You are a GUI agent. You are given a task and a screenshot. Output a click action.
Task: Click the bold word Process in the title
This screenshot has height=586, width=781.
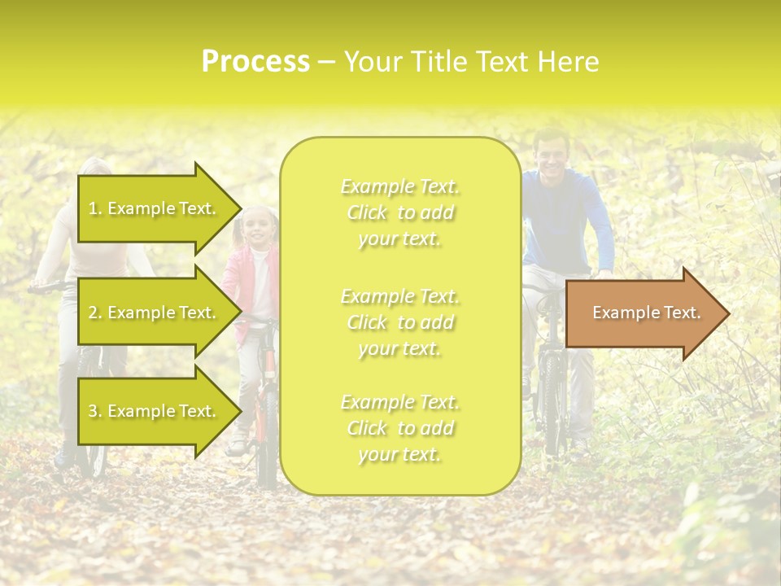pos(255,62)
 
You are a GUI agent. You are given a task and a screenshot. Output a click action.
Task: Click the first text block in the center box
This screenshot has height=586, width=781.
pos(399,212)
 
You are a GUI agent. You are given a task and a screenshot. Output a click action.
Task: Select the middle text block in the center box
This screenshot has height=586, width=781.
pos(399,322)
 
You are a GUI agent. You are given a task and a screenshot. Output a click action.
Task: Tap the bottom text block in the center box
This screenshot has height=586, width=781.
pos(399,428)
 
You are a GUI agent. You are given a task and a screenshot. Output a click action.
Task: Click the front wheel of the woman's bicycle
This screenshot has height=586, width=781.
pos(91,423)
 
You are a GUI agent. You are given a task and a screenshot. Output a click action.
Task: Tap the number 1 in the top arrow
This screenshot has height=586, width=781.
pos(92,208)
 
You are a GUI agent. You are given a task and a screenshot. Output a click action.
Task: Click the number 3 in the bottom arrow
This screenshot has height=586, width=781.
pos(93,411)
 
